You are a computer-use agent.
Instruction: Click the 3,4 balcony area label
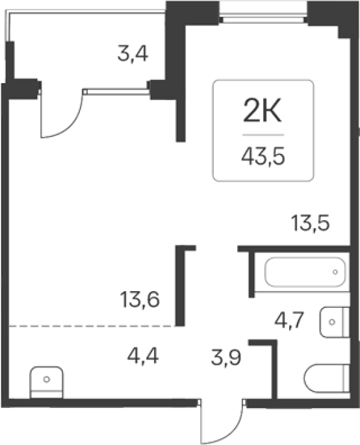(x=133, y=54)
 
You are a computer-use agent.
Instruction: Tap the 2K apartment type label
(x=263, y=110)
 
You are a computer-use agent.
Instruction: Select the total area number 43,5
(x=263, y=157)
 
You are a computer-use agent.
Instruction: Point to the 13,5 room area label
(x=311, y=223)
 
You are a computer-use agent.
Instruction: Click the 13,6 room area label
(x=140, y=300)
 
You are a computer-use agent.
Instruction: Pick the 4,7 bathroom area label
(x=289, y=320)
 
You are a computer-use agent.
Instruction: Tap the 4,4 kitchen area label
(x=143, y=356)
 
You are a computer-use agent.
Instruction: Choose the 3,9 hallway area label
(x=226, y=357)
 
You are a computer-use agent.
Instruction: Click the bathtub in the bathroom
(x=305, y=272)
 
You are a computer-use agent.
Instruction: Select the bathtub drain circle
(x=335, y=272)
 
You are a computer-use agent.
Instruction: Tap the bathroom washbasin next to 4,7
(x=335, y=322)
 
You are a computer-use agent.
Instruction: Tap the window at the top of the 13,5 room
(x=264, y=16)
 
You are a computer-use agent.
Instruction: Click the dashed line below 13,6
(x=92, y=326)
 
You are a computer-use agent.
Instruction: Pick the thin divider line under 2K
(x=263, y=135)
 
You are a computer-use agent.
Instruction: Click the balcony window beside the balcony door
(x=116, y=92)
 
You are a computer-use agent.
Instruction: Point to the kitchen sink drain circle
(x=47, y=379)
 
